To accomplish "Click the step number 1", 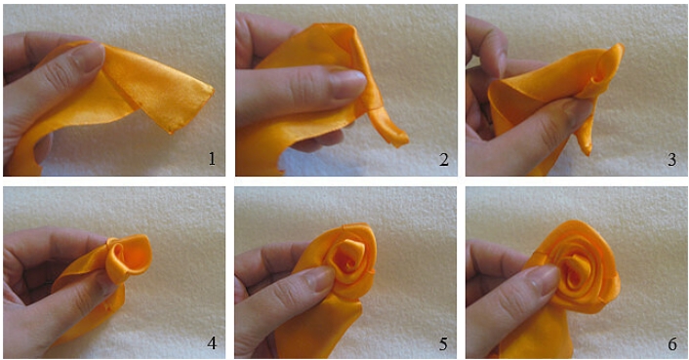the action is click(x=212, y=158).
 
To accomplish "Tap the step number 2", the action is click(x=444, y=159).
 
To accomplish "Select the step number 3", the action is click(x=672, y=159).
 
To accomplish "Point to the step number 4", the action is click(x=212, y=342).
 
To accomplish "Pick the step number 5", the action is click(x=443, y=343).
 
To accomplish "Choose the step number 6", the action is click(x=672, y=343).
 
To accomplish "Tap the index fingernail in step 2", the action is click(x=348, y=84).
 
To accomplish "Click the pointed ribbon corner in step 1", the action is click(x=213, y=91).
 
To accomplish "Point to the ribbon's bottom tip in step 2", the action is click(x=403, y=141).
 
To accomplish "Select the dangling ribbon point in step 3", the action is click(x=588, y=151).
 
